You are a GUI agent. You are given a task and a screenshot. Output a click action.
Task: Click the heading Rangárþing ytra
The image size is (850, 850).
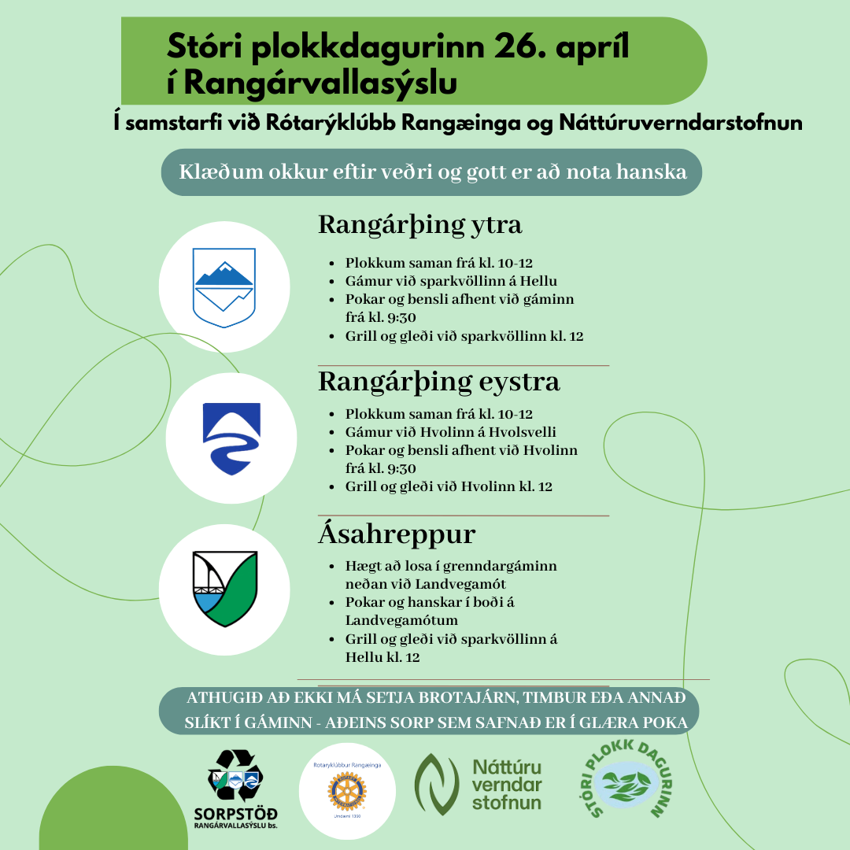[419, 225]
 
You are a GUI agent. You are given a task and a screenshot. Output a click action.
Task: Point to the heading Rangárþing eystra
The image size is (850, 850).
[438, 382]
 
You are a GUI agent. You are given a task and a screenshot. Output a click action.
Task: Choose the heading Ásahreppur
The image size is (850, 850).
[397, 534]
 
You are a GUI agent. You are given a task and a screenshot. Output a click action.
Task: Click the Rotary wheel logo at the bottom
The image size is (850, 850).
[347, 791]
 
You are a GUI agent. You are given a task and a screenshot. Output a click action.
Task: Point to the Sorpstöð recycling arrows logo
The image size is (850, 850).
[235, 775]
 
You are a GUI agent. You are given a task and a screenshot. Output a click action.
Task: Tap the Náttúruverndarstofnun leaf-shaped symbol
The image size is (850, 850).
[437, 783]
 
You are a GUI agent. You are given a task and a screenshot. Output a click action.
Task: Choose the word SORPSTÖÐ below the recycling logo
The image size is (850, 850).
[235, 813]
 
